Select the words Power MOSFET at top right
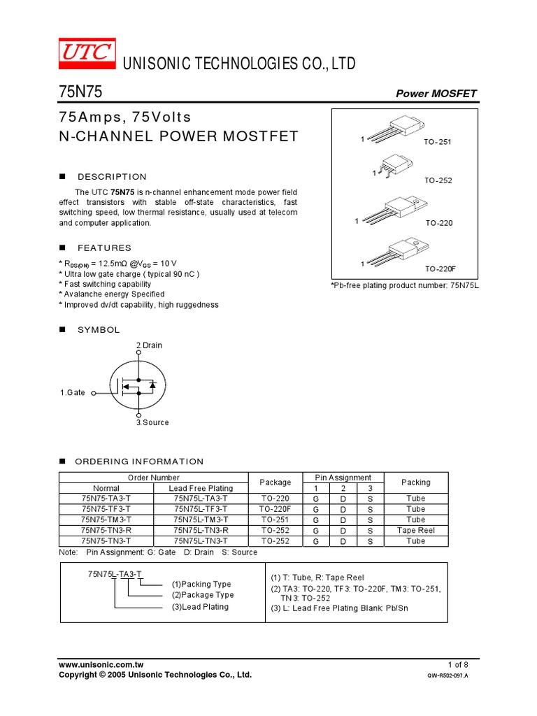(436, 94)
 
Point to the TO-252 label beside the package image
(438, 180)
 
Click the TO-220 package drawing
(395, 209)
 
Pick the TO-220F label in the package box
(440, 268)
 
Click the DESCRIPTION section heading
(112, 177)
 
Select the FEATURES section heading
(104, 248)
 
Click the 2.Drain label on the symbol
(149, 345)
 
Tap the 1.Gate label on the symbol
(73, 393)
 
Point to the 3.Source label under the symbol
(152, 422)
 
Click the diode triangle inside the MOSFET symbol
(152, 385)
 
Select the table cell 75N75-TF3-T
(106, 509)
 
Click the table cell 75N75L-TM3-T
(201, 520)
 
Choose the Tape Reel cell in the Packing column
(415, 530)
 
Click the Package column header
(275, 482)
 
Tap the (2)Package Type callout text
(203, 595)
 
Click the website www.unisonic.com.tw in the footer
(101, 664)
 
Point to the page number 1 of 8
(458, 664)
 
